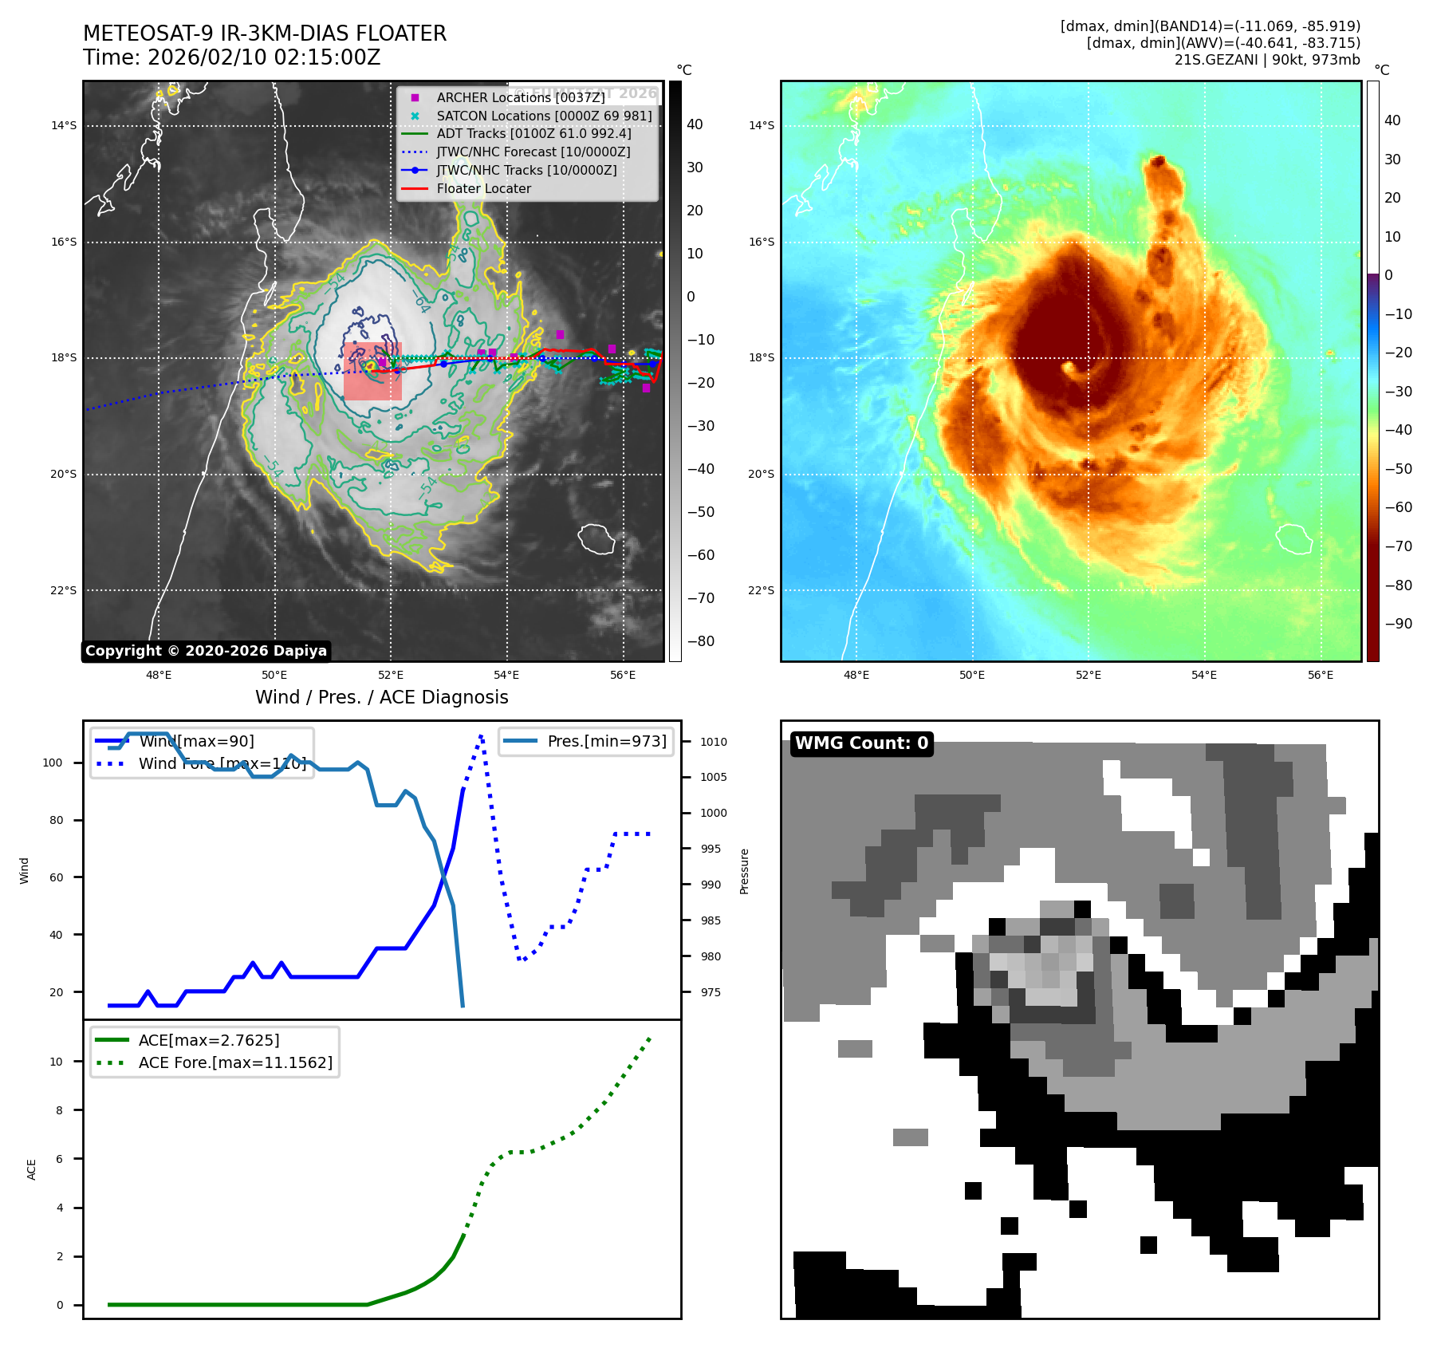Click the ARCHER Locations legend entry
point(520,97)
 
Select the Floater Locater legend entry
point(483,188)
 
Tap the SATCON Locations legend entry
point(544,116)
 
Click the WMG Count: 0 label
point(861,743)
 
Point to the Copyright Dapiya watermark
point(206,651)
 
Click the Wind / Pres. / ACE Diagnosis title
point(381,697)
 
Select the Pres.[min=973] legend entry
point(606,741)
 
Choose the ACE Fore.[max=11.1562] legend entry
point(235,1062)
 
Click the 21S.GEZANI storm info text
point(1267,60)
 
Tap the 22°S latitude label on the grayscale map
point(64,590)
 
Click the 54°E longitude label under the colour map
point(1203,675)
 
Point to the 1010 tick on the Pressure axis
point(713,742)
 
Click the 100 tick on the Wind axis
point(53,763)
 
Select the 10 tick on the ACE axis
point(56,1062)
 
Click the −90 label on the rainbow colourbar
point(1398,624)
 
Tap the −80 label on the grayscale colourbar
point(701,641)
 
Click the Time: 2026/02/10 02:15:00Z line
point(231,58)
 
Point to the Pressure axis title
point(744,871)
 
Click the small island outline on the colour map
point(1294,538)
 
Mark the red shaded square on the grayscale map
point(372,372)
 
